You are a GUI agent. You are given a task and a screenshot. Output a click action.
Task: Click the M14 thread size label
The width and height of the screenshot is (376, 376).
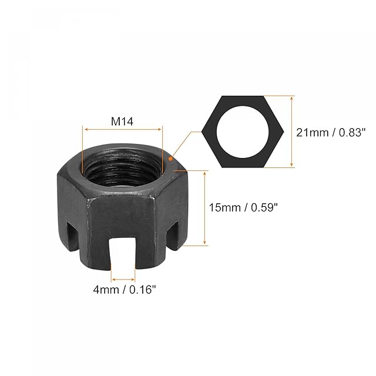click(122, 122)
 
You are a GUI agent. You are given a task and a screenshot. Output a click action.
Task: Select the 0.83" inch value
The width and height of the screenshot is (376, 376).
click(352, 132)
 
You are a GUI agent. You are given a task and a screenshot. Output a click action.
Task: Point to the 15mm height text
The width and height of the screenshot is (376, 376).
click(225, 207)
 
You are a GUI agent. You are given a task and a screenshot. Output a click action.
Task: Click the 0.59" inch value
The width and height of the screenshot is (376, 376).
click(264, 207)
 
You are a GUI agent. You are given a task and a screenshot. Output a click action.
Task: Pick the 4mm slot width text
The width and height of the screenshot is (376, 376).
click(106, 290)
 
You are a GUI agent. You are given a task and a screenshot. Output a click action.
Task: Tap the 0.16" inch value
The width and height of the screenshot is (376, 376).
click(143, 290)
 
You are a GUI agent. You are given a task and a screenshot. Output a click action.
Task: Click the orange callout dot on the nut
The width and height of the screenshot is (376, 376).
click(170, 159)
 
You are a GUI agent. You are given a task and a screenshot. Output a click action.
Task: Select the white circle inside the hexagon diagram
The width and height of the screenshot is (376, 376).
click(243, 132)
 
